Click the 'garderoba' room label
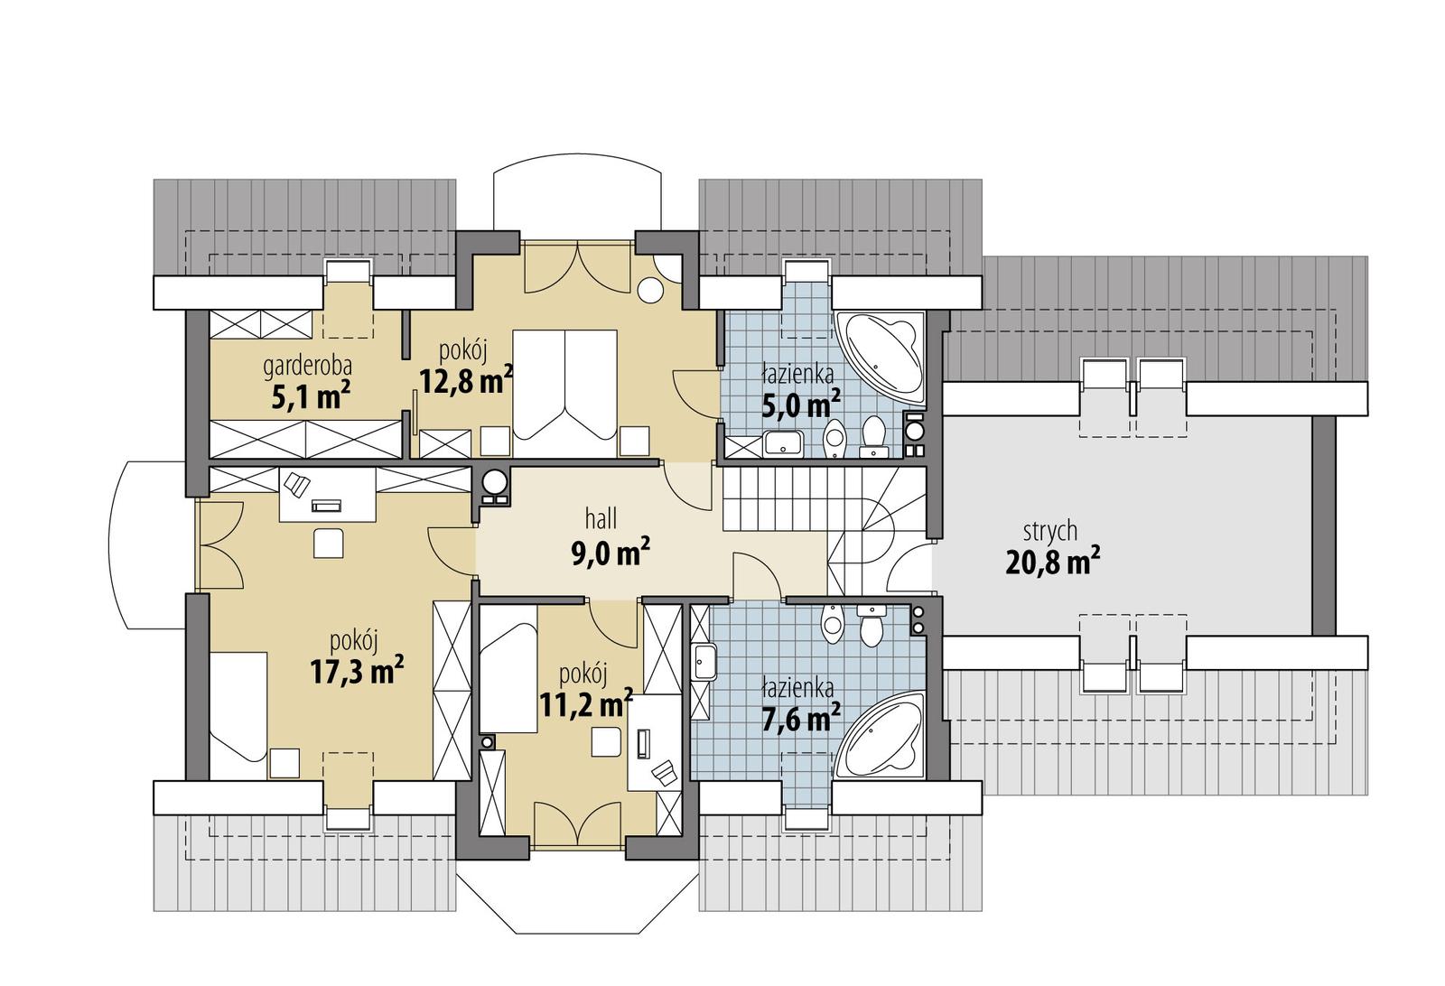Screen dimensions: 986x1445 point(307,367)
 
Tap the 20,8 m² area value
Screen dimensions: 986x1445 point(1052,563)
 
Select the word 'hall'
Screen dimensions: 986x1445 point(601,518)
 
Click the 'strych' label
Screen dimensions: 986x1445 point(1049,531)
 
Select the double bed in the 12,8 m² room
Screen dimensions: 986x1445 point(565,394)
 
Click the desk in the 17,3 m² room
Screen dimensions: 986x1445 point(327,494)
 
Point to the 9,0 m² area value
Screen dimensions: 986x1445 point(611,553)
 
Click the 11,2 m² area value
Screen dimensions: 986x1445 point(585,703)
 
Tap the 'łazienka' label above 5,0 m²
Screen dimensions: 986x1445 point(797,372)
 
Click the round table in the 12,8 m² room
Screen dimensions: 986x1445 point(650,290)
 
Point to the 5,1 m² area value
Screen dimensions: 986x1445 point(311,397)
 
